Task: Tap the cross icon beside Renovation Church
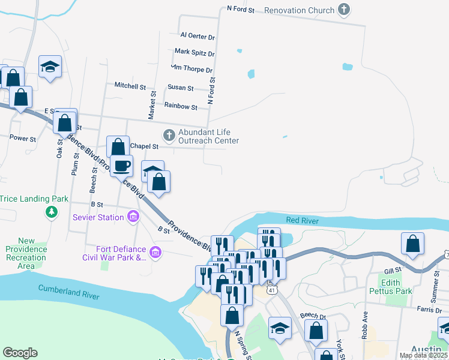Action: pos(344,10)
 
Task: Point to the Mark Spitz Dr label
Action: pos(194,53)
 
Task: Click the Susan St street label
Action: pos(180,88)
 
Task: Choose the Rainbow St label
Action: pos(181,107)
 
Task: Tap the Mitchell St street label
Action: pos(130,86)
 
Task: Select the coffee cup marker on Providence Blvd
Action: pos(121,165)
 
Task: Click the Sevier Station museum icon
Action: pos(133,217)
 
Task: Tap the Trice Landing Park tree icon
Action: pos(52,212)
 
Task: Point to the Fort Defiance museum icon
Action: pos(155,252)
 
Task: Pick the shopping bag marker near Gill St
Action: pos(412,243)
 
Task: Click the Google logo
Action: pos(20,353)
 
